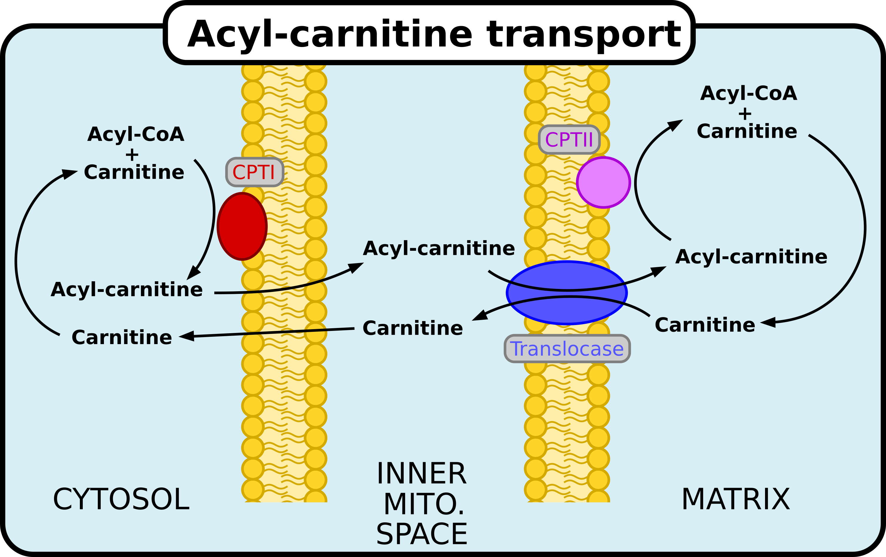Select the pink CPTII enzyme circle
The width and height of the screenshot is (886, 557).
coord(603,182)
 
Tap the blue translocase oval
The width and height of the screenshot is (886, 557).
coord(567,293)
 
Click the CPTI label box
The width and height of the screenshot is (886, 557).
coord(254,172)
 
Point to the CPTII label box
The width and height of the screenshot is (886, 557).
coord(569,139)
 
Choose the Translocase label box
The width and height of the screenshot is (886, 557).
coord(567,349)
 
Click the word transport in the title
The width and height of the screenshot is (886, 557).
coord(584,35)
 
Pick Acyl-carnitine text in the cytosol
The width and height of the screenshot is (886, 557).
coord(127,290)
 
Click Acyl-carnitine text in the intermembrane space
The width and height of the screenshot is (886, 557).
coord(439,248)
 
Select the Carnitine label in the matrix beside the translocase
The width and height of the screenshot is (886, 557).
coord(705,325)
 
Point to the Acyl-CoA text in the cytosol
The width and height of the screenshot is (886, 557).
coord(136,134)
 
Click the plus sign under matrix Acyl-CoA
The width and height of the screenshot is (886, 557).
coord(745,114)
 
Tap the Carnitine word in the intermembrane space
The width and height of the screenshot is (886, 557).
coord(413,328)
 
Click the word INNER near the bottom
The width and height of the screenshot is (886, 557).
coord(422,474)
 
